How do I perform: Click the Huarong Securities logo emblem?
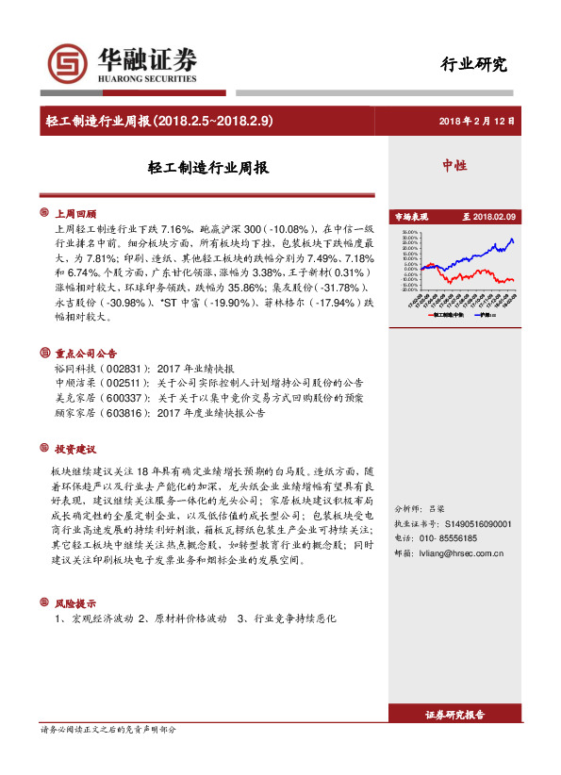click(x=63, y=63)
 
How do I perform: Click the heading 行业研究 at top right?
click(x=474, y=65)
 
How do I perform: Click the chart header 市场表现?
click(x=410, y=216)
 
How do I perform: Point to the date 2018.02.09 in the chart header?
click(x=495, y=216)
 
